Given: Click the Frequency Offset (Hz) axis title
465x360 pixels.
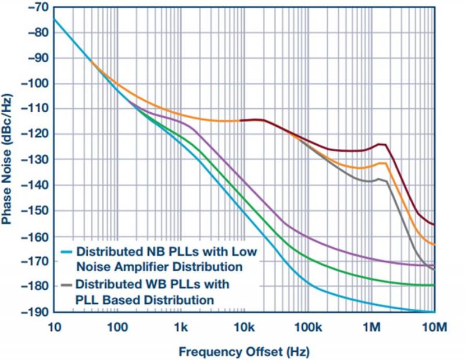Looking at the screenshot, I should tap(244, 351).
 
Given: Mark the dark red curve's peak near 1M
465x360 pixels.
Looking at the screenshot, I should tap(381, 144).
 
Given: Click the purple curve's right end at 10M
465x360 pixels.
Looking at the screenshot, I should tap(434, 265).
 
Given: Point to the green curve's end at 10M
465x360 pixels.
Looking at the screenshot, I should tap(434, 285).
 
